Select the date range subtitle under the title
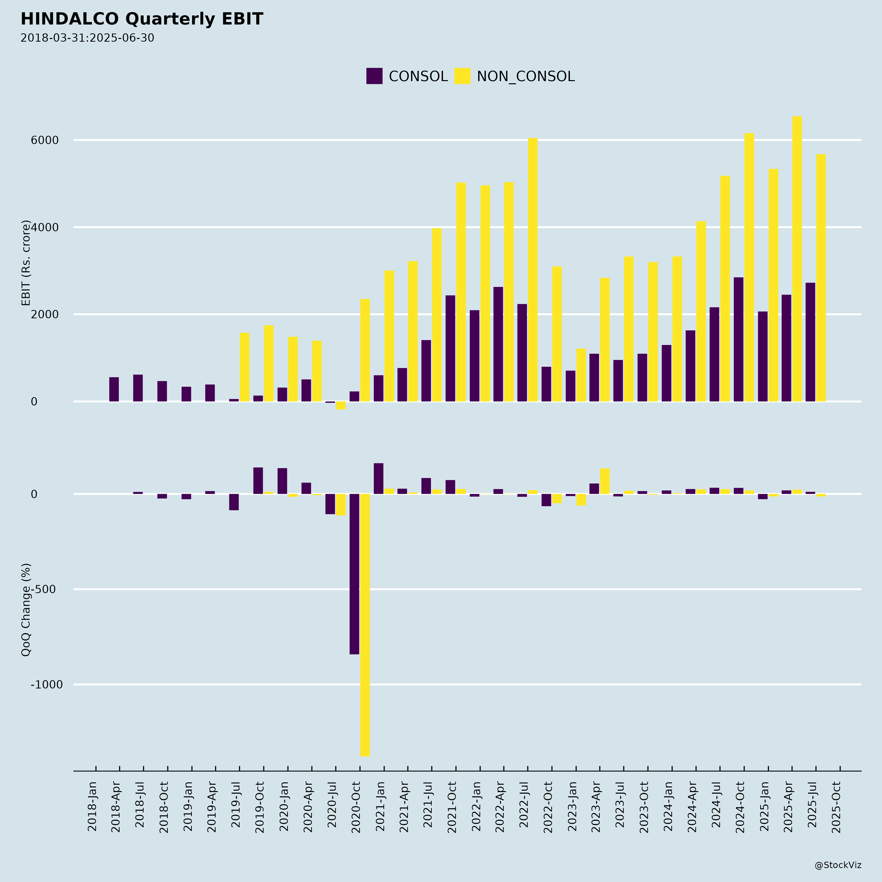pyautogui.click(x=87, y=38)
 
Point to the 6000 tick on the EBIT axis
pyautogui.click(x=45, y=140)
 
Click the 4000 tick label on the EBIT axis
pyautogui.click(x=45, y=227)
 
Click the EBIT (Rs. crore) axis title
pyautogui.click(x=26, y=263)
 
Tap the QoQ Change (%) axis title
pyautogui.click(x=26, y=610)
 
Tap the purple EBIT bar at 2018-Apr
pyautogui.click(x=114, y=389)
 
